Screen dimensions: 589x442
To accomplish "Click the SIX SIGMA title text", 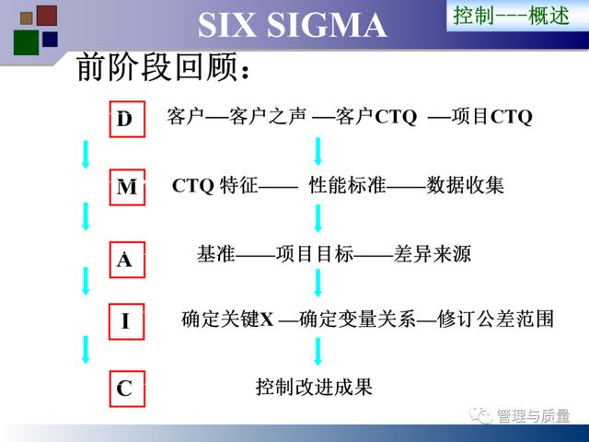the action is [x=293, y=25].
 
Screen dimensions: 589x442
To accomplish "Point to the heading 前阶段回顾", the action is [x=163, y=67].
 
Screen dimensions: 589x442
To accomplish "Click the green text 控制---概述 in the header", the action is [x=512, y=16].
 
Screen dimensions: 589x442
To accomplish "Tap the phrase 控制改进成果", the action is [x=314, y=387].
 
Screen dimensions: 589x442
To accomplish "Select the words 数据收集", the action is [x=465, y=185].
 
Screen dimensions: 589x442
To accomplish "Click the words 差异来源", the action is [x=432, y=254].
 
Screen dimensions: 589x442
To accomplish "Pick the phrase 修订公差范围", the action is [x=495, y=319].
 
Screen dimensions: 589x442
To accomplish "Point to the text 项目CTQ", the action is [x=492, y=116].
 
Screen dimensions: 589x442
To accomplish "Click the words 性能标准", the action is [x=348, y=185].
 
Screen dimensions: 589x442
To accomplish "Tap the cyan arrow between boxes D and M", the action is [x=86, y=154].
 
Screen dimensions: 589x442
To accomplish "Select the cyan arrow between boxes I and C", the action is [x=86, y=350].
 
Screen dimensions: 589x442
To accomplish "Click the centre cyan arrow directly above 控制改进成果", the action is [x=318, y=352].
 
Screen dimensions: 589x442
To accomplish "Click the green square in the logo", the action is [x=27, y=42].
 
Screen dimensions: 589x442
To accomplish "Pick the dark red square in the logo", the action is [x=47, y=16].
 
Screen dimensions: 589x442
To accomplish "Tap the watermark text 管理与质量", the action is [x=534, y=415].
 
